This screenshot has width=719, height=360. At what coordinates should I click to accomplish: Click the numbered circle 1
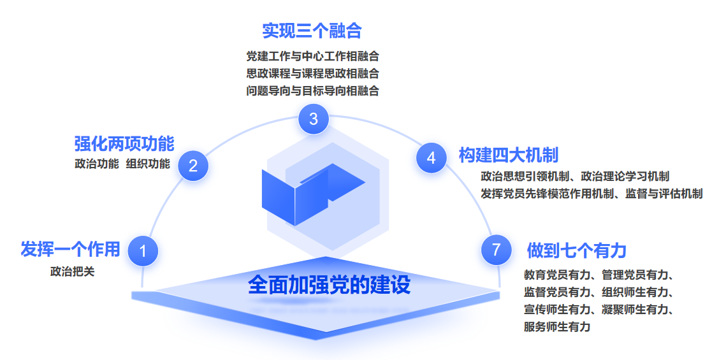[143, 251]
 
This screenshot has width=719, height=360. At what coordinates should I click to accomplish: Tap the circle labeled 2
[193, 166]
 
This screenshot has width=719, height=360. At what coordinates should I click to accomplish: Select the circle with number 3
[314, 119]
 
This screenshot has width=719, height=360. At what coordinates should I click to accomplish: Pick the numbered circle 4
[431, 158]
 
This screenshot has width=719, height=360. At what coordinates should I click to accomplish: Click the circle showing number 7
[496, 250]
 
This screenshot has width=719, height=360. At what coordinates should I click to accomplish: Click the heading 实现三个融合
[312, 31]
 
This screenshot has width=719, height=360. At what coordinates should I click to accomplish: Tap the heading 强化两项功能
[124, 143]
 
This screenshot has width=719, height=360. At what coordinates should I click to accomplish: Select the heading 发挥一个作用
[70, 249]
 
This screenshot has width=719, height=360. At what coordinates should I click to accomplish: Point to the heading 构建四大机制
[509, 155]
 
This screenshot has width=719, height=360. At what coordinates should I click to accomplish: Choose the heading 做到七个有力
[576, 251]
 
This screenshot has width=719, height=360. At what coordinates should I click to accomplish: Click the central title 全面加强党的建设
[330, 285]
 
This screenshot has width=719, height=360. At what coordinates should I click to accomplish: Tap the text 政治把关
[73, 271]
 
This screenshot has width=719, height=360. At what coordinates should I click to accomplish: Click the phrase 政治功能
[97, 164]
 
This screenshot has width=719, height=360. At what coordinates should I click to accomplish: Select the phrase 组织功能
[148, 164]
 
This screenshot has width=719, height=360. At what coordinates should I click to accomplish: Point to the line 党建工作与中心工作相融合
[313, 57]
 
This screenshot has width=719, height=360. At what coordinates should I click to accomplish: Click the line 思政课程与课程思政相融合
[313, 73]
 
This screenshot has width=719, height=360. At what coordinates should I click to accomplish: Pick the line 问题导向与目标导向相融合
[313, 91]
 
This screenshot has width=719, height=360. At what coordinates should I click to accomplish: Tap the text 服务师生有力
[556, 326]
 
